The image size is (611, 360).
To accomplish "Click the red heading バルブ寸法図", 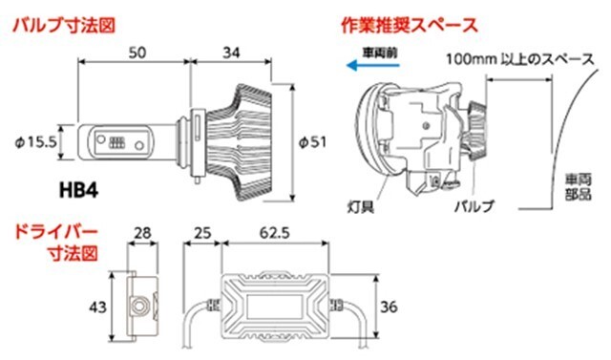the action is [64, 26].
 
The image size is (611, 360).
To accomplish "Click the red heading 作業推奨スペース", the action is [410, 26].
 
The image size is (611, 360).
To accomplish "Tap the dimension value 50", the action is [137, 53].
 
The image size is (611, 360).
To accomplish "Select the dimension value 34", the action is [231, 53].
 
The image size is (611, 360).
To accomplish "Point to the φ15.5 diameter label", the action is [36, 142].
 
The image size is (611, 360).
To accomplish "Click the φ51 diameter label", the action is [312, 142].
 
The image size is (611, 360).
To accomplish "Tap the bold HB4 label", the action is [78, 191].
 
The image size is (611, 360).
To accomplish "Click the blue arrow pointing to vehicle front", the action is [373, 66].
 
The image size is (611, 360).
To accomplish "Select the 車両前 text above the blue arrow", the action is [380, 53].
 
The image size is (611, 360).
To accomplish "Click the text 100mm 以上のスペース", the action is [519, 59].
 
